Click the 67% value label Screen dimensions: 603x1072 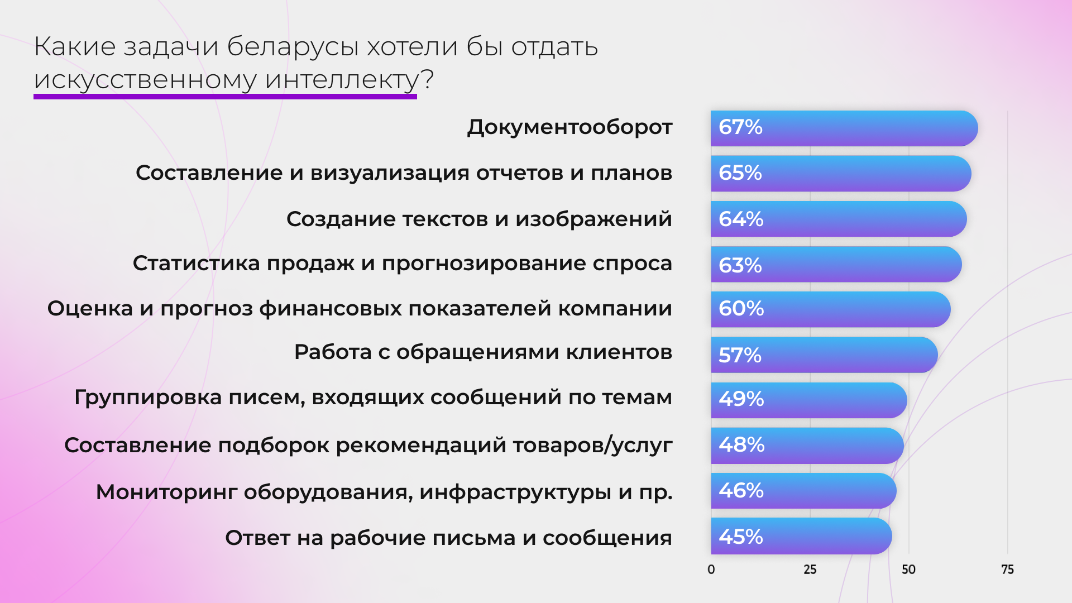tap(740, 127)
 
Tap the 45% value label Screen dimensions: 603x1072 tap(740, 537)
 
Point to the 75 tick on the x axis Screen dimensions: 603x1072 tap(1007, 569)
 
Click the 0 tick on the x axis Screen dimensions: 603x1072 tap(711, 569)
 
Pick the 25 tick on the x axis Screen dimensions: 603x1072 tap(810, 569)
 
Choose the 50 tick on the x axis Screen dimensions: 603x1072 tap(908, 569)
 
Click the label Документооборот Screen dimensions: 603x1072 tap(569, 127)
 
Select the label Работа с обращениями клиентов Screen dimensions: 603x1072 tap(483, 352)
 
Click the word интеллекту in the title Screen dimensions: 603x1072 tap(342, 80)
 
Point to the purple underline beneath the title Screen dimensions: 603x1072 tap(225, 97)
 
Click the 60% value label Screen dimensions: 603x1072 tap(741, 309)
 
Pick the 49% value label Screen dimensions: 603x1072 tap(741, 399)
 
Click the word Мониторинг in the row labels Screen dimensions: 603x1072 tap(166, 492)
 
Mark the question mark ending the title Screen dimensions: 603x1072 tap(428, 80)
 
